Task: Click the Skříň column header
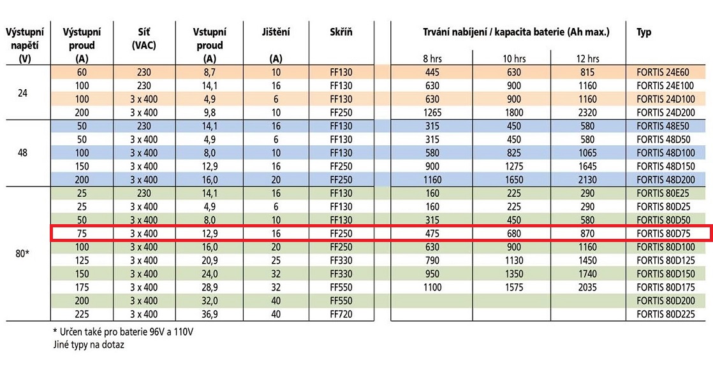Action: click(341, 32)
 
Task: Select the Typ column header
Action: click(643, 32)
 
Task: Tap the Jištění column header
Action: click(276, 32)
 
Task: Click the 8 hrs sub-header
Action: click(432, 59)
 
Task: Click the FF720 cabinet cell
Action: click(341, 315)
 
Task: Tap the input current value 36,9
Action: click(210, 315)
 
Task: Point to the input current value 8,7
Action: click(210, 72)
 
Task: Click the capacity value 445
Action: click(432, 72)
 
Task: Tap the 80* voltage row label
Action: click(22, 253)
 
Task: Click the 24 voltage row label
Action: click(22, 92)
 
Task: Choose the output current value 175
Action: click(81, 287)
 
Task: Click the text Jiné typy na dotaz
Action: click(89, 345)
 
